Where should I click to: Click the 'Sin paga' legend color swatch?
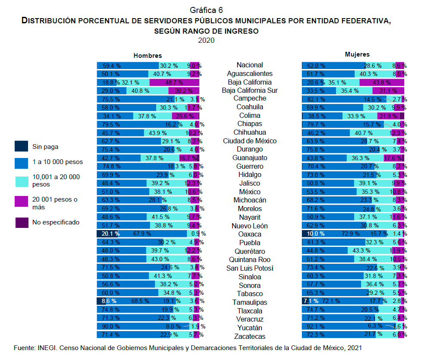click(x=22, y=147)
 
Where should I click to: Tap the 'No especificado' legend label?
click(x=56, y=222)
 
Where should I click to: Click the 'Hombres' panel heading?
click(x=148, y=56)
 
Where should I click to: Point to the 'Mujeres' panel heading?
click(x=357, y=55)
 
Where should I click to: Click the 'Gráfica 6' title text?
click(x=206, y=9)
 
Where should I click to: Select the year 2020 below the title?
click(x=206, y=40)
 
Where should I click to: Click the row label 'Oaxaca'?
click(x=250, y=234)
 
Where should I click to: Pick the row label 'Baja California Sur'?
click(x=250, y=90)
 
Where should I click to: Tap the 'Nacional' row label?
click(x=250, y=65)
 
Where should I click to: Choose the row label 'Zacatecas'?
click(x=250, y=336)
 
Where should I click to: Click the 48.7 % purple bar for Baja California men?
click(x=174, y=82)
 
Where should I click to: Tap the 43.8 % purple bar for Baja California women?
click(x=381, y=82)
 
